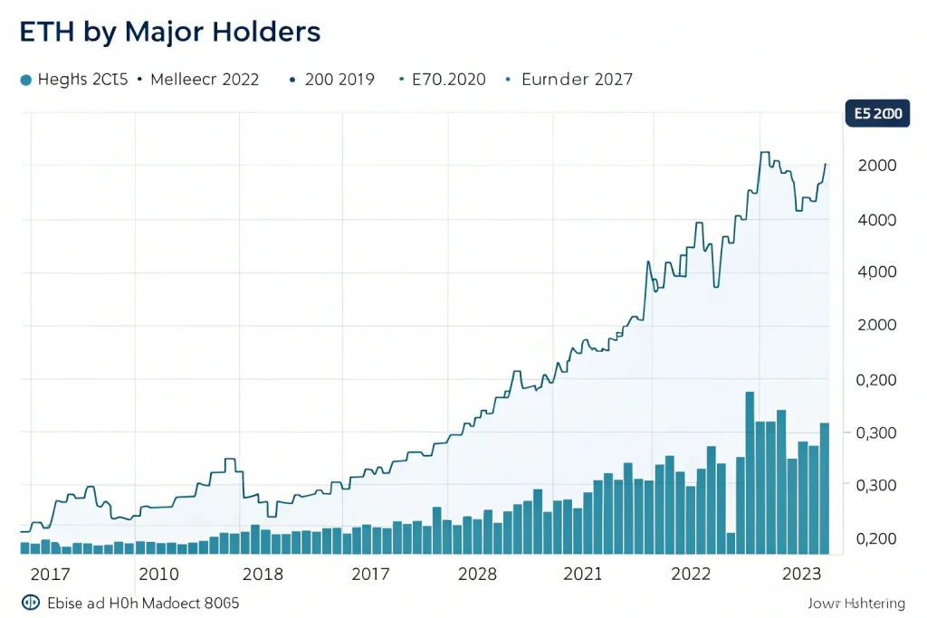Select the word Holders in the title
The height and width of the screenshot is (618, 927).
tap(266, 33)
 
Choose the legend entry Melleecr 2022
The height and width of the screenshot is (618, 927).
tap(205, 80)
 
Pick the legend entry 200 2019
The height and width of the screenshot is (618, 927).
tap(339, 80)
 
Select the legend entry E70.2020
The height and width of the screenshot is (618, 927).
tap(448, 80)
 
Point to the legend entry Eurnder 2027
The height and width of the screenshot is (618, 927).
tap(577, 80)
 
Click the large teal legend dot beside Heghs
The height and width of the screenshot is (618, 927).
tap(25, 80)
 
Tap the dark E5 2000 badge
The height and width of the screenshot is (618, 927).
tap(876, 114)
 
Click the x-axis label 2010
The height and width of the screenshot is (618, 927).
tap(158, 574)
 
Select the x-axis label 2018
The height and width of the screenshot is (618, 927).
tap(263, 574)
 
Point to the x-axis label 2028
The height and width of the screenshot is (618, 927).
tap(477, 574)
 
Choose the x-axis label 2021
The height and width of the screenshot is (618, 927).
tap(582, 574)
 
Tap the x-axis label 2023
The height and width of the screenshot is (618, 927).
tap(800, 574)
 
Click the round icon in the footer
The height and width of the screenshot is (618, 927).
tap(29, 603)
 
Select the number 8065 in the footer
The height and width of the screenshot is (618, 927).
tap(220, 603)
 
